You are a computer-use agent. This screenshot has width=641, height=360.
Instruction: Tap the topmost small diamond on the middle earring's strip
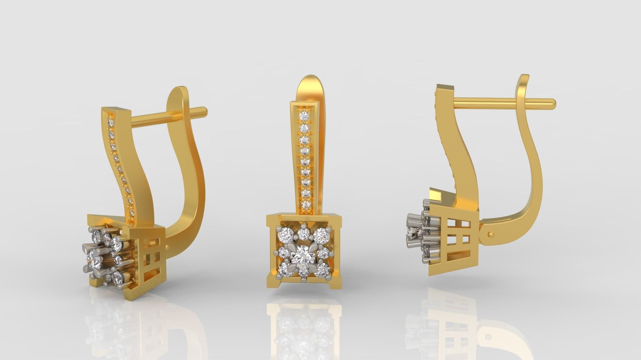coord(304,116)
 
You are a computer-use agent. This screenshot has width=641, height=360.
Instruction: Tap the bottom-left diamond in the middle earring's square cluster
coord(285,269)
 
